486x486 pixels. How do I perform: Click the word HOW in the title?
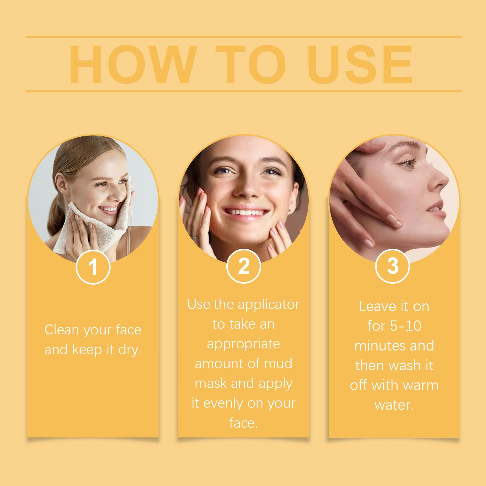pyautogui.click(x=131, y=65)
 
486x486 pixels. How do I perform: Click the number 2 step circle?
pyautogui.click(x=244, y=266)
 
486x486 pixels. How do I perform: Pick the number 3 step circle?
pyautogui.click(x=393, y=266)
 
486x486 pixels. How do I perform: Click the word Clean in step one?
pyautogui.click(x=62, y=330)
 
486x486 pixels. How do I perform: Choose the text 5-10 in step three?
pyautogui.click(x=406, y=326)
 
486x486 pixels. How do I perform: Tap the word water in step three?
pyautogui.click(x=394, y=405)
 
